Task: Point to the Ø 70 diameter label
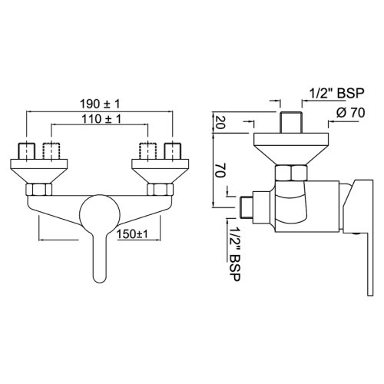coord(349,113)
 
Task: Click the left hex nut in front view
coord(38,189)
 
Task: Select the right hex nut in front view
coord(159,189)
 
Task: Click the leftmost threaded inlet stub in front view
coord(28,151)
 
